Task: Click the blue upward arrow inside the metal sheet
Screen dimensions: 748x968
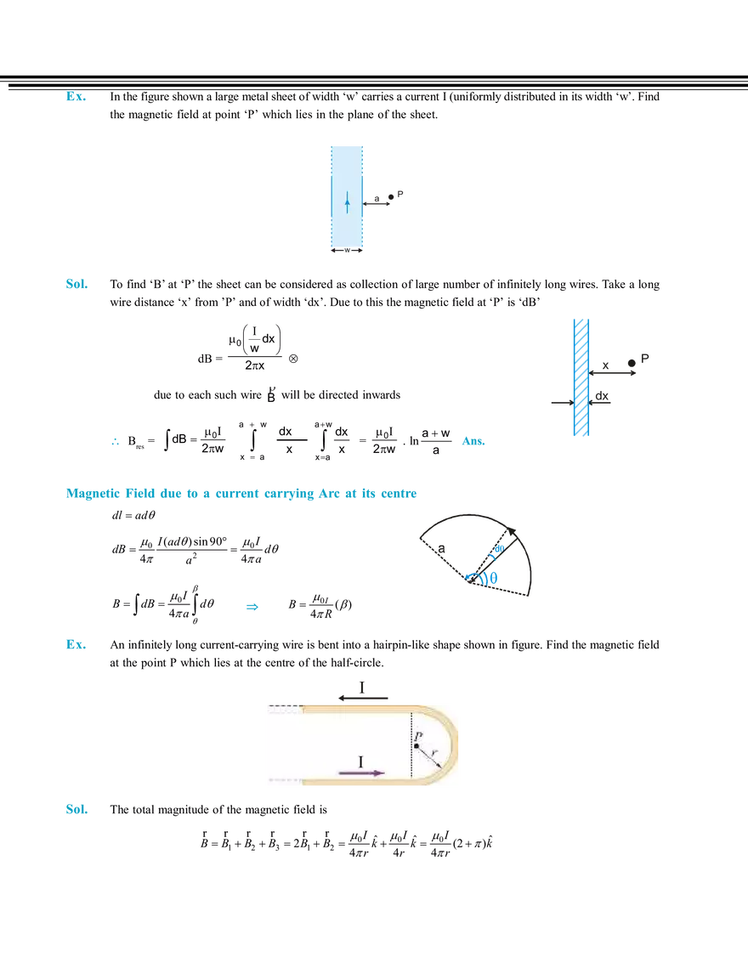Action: (x=347, y=202)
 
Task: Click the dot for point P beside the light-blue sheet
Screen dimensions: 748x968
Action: (x=390, y=197)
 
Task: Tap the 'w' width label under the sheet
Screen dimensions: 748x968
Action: (x=347, y=250)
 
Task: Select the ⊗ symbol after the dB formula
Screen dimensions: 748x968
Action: (x=293, y=359)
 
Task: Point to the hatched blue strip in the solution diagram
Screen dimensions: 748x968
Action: (x=581, y=377)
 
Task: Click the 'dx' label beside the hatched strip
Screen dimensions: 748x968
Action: (x=602, y=396)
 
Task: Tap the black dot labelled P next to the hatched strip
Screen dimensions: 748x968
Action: (x=632, y=363)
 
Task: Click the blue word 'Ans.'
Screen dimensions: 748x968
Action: (x=473, y=441)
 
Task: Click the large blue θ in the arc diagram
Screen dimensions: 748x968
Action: (x=493, y=579)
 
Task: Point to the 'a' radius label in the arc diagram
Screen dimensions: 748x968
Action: (x=441, y=548)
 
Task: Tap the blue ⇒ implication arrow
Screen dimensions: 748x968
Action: (x=252, y=607)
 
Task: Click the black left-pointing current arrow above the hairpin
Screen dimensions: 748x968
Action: (x=363, y=699)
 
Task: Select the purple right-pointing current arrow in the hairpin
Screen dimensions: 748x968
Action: (x=361, y=773)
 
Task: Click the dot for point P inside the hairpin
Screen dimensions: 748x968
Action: (x=416, y=745)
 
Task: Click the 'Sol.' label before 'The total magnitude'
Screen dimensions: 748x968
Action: (x=76, y=809)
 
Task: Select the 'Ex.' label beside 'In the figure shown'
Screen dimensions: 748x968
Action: (x=76, y=96)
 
